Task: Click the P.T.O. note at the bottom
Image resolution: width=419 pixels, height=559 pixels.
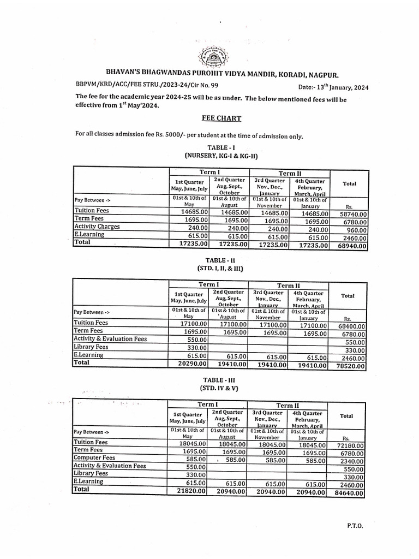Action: (x=354, y=526)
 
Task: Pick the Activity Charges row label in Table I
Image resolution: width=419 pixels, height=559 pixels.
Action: (x=97, y=227)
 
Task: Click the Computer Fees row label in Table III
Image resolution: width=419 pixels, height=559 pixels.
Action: (x=94, y=457)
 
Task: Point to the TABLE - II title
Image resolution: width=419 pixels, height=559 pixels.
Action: (x=220, y=260)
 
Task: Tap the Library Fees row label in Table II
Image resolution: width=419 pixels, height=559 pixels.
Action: (x=91, y=347)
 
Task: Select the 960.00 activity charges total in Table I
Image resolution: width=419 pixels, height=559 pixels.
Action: (x=356, y=230)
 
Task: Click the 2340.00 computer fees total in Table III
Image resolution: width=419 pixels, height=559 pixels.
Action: (x=352, y=461)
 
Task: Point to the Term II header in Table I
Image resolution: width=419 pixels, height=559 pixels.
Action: (x=289, y=173)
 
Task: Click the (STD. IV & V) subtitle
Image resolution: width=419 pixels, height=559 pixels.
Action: (x=220, y=388)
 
